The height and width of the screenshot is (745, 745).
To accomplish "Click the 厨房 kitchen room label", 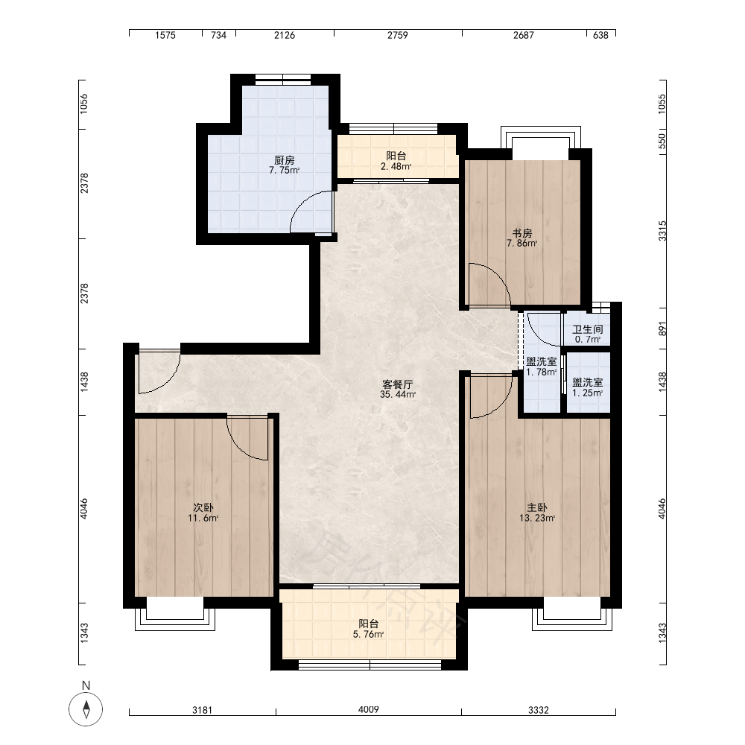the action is click(x=284, y=160).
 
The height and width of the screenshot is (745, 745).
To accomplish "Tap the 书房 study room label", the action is click(x=521, y=233).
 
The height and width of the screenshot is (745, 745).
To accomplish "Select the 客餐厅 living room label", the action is click(x=398, y=384).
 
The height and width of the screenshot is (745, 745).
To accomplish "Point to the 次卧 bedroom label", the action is click(x=203, y=508).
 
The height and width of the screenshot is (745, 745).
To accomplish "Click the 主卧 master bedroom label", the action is click(x=537, y=508).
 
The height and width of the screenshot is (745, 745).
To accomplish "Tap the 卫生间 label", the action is click(x=588, y=329).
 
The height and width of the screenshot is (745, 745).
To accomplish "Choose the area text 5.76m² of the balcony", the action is click(x=368, y=634).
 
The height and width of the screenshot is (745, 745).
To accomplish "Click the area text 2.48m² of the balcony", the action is click(x=396, y=166).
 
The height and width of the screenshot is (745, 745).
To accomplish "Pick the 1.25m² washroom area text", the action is click(x=588, y=393).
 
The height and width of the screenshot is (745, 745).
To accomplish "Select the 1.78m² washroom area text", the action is click(x=541, y=372).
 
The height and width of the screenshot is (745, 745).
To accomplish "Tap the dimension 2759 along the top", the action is click(x=398, y=35).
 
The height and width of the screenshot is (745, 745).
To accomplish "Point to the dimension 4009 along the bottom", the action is click(x=368, y=709).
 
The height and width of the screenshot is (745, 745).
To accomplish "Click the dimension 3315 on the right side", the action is click(x=662, y=231).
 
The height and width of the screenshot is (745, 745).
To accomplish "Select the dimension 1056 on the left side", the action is click(x=83, y=104).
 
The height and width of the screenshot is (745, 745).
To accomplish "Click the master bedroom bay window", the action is click(x=572, y=619).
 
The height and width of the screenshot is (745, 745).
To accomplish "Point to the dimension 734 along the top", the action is click(x=218, y=35).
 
